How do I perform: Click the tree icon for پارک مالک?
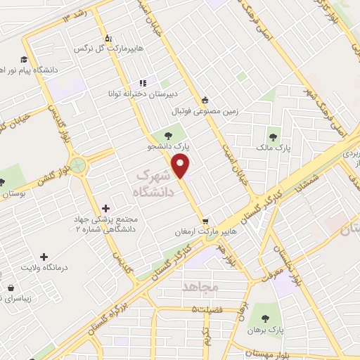273,136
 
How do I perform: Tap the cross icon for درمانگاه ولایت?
44,257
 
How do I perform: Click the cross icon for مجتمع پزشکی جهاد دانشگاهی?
105,208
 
